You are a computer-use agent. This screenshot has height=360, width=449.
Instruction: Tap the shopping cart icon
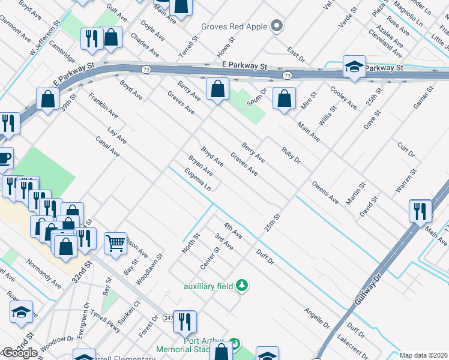[x=115, y=243]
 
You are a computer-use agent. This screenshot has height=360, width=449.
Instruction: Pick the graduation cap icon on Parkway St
[x=354, y=67]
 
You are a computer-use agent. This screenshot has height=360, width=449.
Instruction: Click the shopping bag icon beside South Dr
[x=284, y=98]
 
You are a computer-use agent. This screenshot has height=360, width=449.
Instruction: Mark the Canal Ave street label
[x=107, y=146]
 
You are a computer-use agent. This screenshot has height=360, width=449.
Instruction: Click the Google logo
[x=20, y=353]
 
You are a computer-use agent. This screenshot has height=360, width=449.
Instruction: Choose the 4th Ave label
[x=232, y=230]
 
